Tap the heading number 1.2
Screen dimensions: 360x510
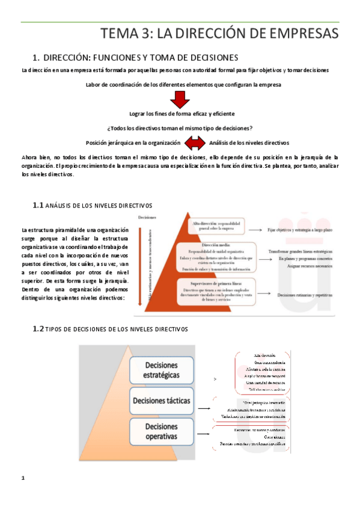pyautogui.click(x=38, y=330)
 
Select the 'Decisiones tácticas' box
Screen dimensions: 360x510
pyautogui.click(x=161, y=401)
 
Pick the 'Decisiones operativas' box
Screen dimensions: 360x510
pyautogui.click(x=161, y=431)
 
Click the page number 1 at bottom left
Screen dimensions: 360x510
pyautogui.click(x=23, y=495)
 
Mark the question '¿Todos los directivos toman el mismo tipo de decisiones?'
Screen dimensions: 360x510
pyautogui.click(x=180, y=128)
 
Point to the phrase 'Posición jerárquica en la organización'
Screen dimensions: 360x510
pyautogui.click(x=133, y=143)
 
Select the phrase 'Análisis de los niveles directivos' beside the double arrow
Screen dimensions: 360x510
pyautogui.click(x=249, y=143)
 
